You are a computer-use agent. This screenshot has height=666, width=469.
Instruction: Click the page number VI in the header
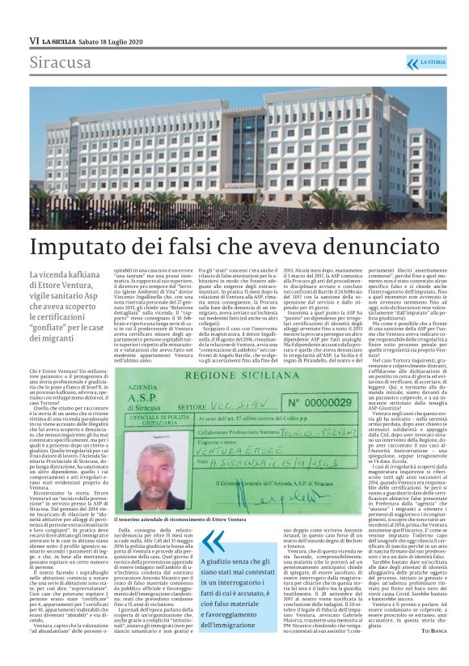(33, 40)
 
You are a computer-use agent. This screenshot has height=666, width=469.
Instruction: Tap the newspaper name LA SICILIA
(63, 40)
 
